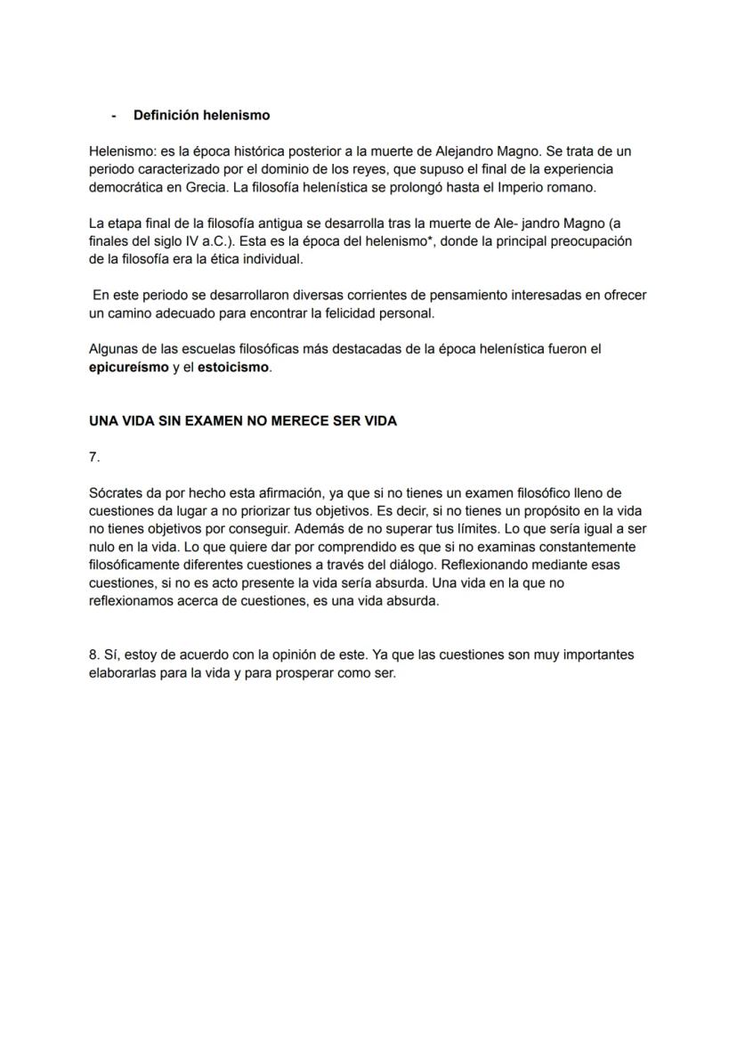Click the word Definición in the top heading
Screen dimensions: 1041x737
click(x=166, y=116)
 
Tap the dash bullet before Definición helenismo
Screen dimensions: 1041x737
click(x=114, y=116)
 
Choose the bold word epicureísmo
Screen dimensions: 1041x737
click(x=128, y=368)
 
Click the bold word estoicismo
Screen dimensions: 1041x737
click(x=233, y=368)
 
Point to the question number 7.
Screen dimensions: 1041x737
click(x=94, y=458)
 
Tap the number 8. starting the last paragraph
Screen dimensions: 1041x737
click(x=94, y=655)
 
